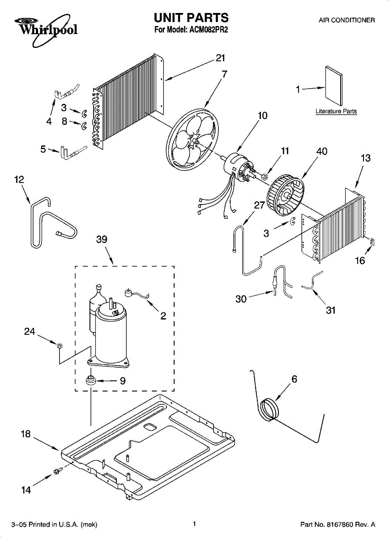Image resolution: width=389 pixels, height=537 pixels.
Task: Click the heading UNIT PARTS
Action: pos(191,17)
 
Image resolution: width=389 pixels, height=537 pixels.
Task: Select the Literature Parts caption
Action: pos(336,111)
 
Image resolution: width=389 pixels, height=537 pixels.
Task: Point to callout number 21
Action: pos(220,58)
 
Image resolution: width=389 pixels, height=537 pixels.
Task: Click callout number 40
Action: pos(321,151)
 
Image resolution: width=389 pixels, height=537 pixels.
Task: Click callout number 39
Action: pos(102,239)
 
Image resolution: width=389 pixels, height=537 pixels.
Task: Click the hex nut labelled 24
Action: pos(59,344)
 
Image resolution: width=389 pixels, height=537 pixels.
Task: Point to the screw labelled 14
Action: pos(57,471)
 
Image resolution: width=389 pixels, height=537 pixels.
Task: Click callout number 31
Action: pos(331,310)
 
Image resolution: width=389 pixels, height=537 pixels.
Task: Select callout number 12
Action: pos(19,179)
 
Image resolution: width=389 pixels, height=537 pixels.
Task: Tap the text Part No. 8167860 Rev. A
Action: pos(337,524)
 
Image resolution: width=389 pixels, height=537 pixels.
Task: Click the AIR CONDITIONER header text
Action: pos(346,20)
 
